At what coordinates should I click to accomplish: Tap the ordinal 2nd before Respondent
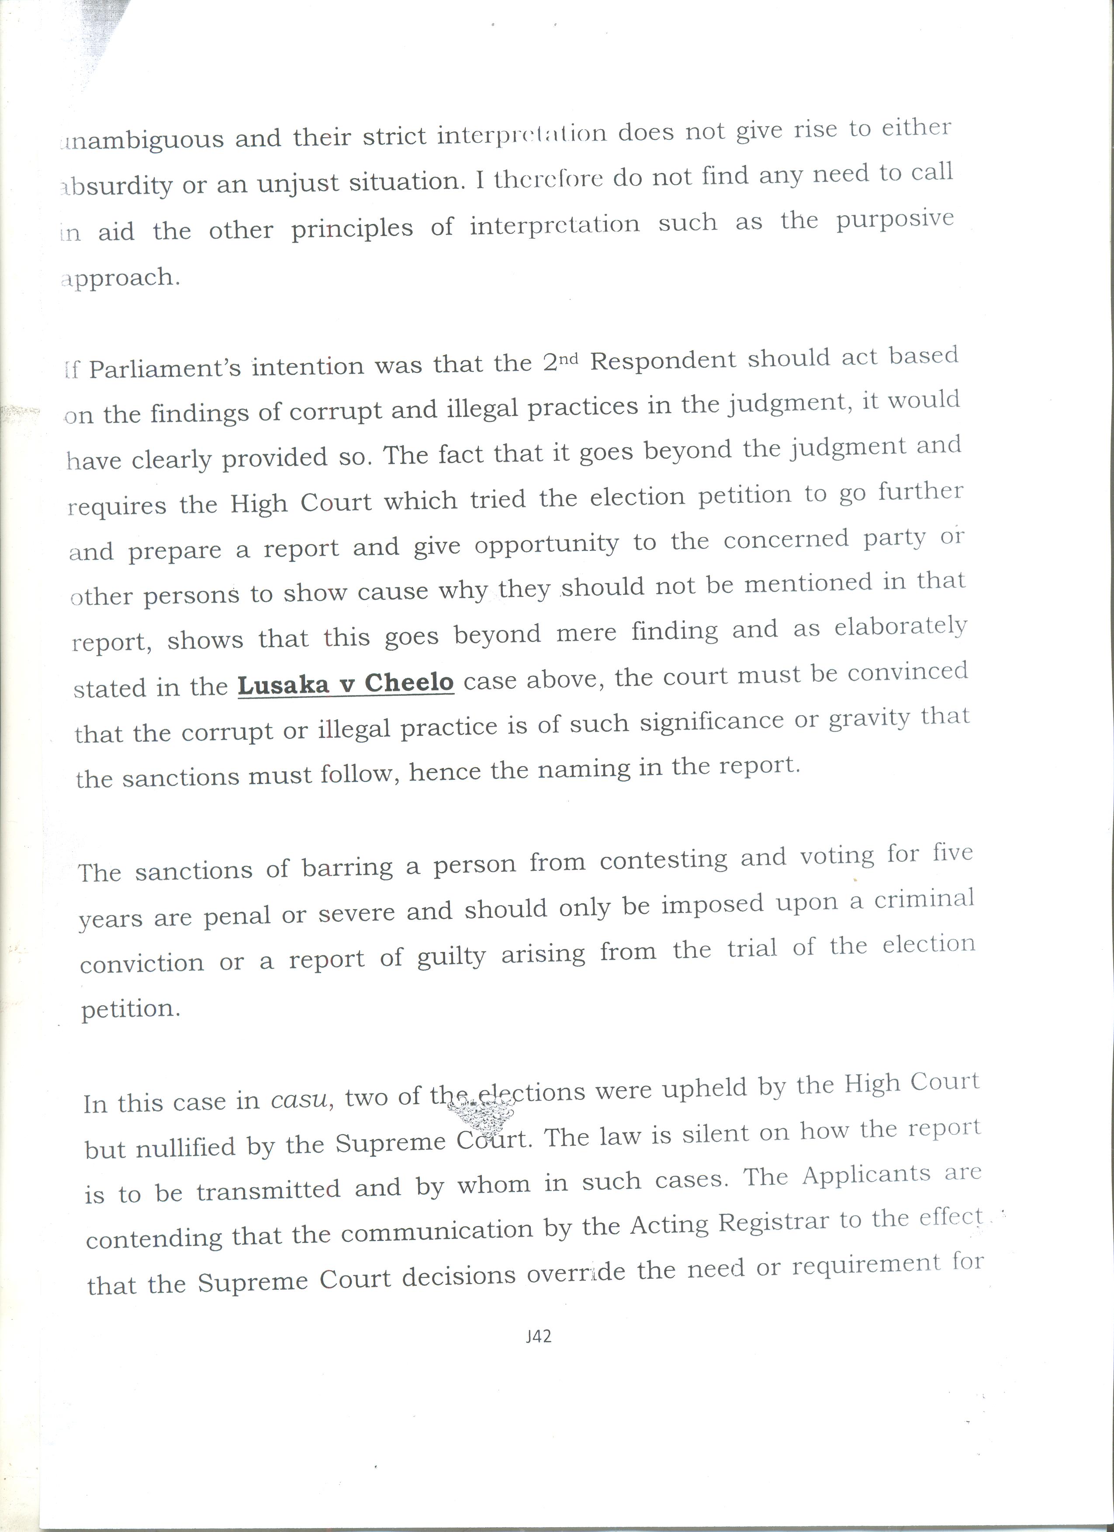[x=560, y=361]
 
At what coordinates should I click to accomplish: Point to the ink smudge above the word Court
[x=481, y=1115]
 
